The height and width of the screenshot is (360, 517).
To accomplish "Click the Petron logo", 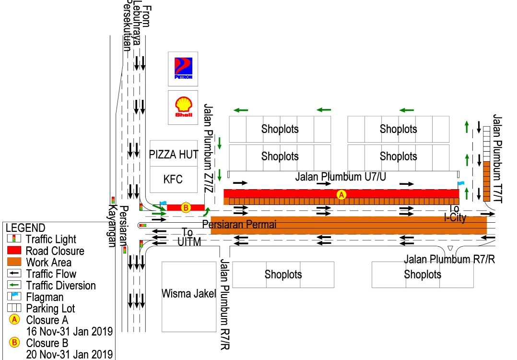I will pyautogui.click(x=183, y=69).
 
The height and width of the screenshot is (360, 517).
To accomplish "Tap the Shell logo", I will pyautogui.click(x=183, y=107).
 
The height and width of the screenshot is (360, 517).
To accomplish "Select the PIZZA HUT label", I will pyautogui.click(x=174, y=155).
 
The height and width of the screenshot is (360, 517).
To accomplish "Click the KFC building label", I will pyautogui.click(x=173, y=180).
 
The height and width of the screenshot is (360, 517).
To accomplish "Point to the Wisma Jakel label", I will pyautogui.click(x=189, y=294).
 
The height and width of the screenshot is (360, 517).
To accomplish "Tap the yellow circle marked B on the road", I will pyautogui.click(x=186, y=208).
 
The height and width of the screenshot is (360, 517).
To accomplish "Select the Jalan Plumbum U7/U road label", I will pyautogui.click(x=341, y=177).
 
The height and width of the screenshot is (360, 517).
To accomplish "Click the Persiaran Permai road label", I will pyautogui.click(x=240, y=224).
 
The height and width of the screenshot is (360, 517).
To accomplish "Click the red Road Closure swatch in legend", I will pyautogui.click(x=15, y=251).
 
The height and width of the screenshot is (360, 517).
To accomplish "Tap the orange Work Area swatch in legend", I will pyautogui.click(x=15, y=262).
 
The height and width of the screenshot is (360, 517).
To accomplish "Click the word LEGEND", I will pyautogui.click(x=25, y=228).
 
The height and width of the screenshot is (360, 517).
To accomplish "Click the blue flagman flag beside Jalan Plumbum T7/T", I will pyautogui.click(x=461, y=183).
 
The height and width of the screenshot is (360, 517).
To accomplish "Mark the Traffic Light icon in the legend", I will pyautogui.click(x=15, y=239).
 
